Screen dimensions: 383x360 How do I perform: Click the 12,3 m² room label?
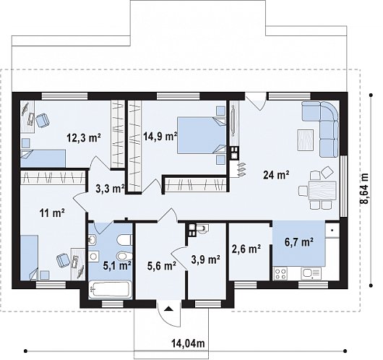pyautogui.click(x=84, y=138)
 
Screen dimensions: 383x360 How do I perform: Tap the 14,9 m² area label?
pyautogui.click(x=160, y=136)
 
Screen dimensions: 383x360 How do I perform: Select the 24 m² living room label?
pyautogui.click(x=276, y=175)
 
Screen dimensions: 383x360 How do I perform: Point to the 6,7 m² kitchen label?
pyautogui.click(x=299, y=242)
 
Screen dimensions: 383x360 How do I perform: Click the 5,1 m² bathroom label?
pyautogui.click(x=117, y=265)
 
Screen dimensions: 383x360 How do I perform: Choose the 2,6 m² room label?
pyautogui.click(x=246, y=249)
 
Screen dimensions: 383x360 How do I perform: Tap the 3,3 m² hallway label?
pyautogui.click(x=110, y=189)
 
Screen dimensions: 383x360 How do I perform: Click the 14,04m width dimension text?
pyautogui.click(x=188, y=343)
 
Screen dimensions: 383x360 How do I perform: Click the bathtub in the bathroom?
pyautogui.click(x=110, y=290)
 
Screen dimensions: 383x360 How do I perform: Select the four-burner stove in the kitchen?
pyautogui.click(x=280, y=274)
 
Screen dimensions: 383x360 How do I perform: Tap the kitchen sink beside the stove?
pyautogui.click(x=311, y=273)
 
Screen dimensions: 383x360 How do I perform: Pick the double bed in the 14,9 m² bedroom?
pyautogui.click(x=202, y=135)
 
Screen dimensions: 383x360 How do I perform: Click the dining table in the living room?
pyautogui.click(x=322, y=191)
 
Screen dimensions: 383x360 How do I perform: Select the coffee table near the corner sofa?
pyautogui.click(x=306, y=140)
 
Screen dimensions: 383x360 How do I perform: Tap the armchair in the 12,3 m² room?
pyautogui.click(x=43, y=121)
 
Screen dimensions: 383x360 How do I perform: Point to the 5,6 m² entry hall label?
pyautogui.click(x=162, y=266)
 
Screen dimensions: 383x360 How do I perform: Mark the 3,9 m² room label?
pyautogui.click(x=206, y=260)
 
